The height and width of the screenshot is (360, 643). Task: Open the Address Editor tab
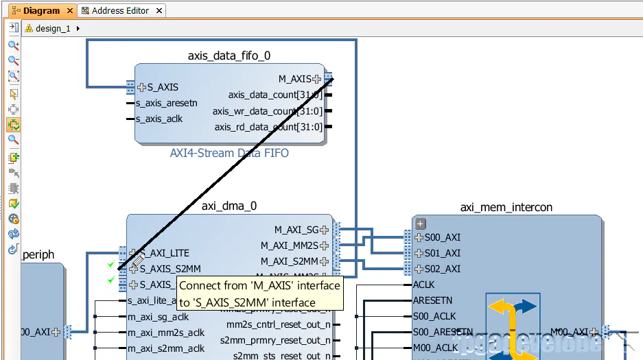(x=120, y=11)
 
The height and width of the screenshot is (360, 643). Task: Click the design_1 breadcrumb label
(x=53, y=29)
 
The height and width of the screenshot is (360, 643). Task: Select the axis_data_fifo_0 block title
(x=229, y=56)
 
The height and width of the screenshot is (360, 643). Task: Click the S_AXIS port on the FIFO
(x=162, y=87)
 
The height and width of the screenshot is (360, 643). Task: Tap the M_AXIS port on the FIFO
(x=295, y=79)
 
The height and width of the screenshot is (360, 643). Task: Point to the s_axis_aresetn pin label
(x=166, y=104)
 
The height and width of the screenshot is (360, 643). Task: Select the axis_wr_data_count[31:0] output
(x=267, y=111)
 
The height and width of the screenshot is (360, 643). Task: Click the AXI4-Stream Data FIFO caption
(x=229, y=153)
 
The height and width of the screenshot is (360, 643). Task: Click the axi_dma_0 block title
(x=229, y=206)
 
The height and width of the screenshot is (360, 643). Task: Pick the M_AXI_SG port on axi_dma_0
(x=297, y=230)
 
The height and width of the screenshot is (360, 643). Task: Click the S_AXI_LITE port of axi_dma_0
(x=164, y=253)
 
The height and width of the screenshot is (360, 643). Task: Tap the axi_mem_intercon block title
(x=506, y=207)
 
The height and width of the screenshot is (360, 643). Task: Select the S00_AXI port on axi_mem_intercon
(x=442, y=237)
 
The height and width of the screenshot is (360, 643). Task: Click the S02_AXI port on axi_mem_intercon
(x=442, y=269)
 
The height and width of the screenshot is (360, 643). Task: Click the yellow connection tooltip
(x=259, y=293)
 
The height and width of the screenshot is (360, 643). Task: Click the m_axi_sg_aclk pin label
(x=159, y=316)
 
